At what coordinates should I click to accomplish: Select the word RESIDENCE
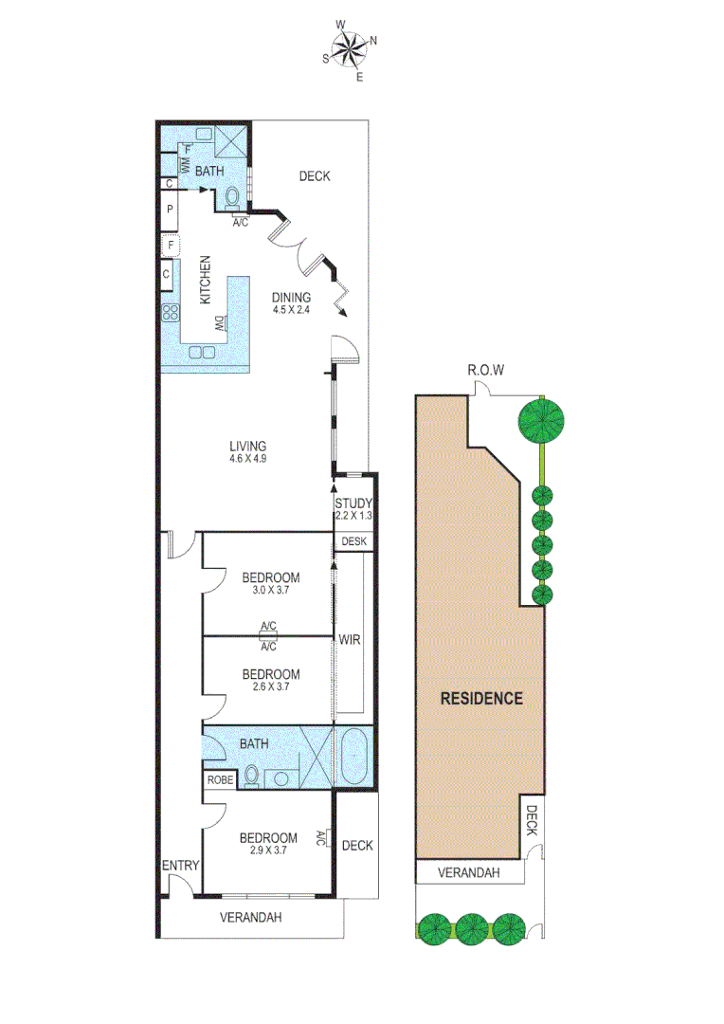tap(481, 699)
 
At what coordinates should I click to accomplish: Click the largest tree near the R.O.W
tap(541, 420)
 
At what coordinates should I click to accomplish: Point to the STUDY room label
tap(353, 503)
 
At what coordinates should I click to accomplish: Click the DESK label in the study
tap(353, 541)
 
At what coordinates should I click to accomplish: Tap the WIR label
tap(350, 641)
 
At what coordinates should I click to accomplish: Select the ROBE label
tap(219, 779)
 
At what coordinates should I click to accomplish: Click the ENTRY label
tap(180, 865)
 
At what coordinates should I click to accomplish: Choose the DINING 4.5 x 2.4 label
tap(292, 302)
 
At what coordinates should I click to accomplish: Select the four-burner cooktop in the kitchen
tap(172, 312)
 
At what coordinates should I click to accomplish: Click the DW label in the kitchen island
tap(218, 322)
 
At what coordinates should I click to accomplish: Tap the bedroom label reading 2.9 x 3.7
tap(267, 844)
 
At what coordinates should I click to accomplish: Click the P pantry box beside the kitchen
tap(169, 210)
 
